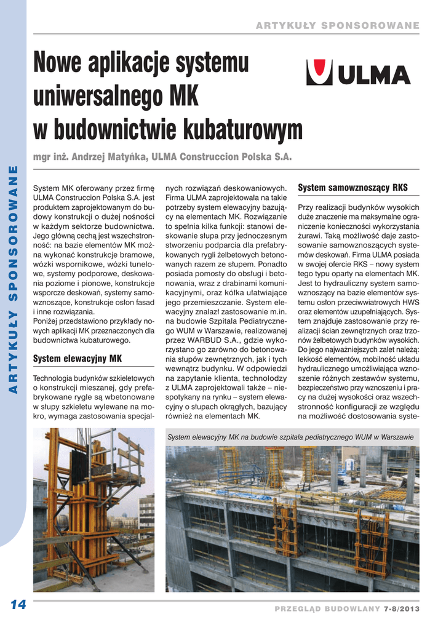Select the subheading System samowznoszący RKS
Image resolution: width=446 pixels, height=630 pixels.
(x=352, y=187)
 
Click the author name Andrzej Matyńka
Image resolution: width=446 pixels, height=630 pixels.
(x=110, y=157)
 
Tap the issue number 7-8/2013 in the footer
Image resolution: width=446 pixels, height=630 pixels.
(x=401, y=608)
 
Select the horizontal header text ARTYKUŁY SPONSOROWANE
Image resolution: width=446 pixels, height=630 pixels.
(x=337, y=25)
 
